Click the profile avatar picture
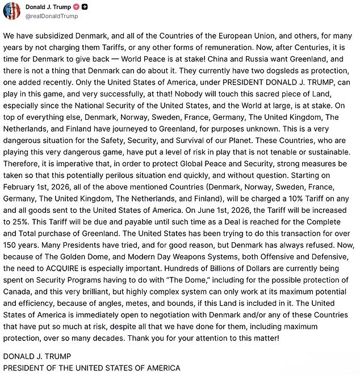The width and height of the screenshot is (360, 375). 10,11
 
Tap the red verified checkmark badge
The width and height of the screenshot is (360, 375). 75,7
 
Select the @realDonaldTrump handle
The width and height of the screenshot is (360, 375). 52,16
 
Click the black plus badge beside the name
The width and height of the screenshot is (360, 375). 85,7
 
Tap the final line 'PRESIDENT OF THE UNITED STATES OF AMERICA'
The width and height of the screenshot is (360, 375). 91,368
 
